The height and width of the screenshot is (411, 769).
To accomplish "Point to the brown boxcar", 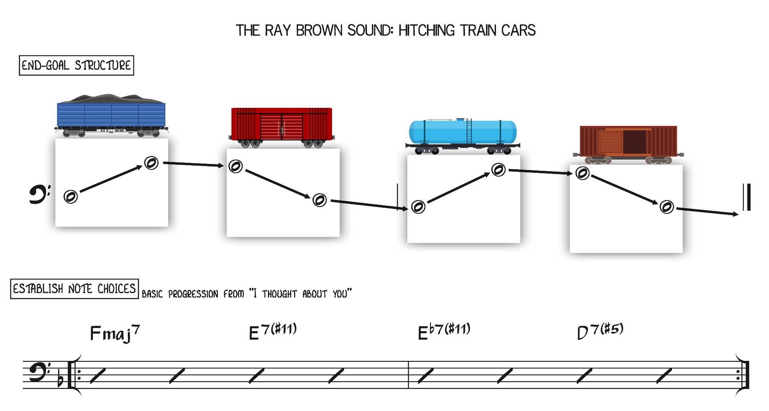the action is click(628, 144).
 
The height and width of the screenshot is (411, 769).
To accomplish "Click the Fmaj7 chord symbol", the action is click(115, 334).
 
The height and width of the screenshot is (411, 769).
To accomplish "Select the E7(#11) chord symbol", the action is click(273, 332).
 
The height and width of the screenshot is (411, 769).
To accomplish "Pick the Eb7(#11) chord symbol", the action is click(444, 331).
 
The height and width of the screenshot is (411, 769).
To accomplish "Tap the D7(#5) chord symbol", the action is click(600, 332).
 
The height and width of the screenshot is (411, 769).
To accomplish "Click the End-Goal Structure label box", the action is click(76, 65).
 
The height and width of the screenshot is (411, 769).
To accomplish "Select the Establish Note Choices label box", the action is click(74, 289).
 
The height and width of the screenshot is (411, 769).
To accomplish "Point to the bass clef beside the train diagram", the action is click(40, 194).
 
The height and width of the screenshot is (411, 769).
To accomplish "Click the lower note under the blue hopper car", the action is click(71, 196).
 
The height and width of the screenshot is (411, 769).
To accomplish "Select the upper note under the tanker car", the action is click(498, 170).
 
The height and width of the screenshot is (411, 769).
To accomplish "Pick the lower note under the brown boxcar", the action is click(666, 207).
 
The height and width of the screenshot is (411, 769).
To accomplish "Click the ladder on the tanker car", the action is click(469, 131).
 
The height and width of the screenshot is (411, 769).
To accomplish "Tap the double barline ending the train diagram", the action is click(747, 197).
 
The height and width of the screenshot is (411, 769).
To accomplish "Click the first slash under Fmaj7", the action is click(98, 376).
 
